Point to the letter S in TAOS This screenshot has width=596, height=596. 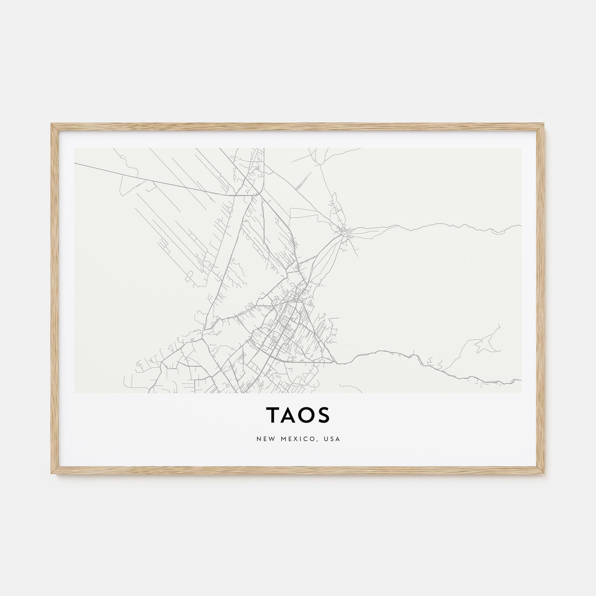pyautogui.click(x=324, y=415)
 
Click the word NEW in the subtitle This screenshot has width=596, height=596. pyautogui.click(x=265, y=438)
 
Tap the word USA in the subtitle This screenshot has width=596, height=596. pyautogui.click(x=332, y=438)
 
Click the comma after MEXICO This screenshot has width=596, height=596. pyautogui.click(x=318, y=440)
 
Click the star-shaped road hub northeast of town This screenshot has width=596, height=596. pyautogui.click(x=345, y=232)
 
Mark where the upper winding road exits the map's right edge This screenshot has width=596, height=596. pyautogui.click(x=521, y=226)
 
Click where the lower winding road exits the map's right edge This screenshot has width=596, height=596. pyautogui.click(x=521, y=380)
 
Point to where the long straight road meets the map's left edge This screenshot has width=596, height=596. pyautogui.click(x=75, y=163)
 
